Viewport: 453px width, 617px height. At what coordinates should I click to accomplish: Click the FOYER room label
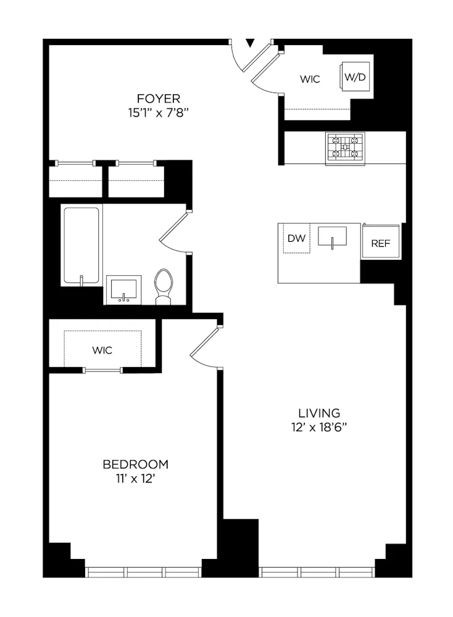[x=159, y=99]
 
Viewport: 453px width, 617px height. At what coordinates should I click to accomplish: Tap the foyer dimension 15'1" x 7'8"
[x=159, y=113]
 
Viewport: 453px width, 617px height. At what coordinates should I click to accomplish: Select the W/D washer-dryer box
[x=355, y=78]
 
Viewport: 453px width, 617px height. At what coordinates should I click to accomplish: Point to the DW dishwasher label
[x=297, y=239]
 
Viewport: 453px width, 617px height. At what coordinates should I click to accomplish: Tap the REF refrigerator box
[x=380, y=243]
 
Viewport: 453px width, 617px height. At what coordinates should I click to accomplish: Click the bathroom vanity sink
[x=123, y=289]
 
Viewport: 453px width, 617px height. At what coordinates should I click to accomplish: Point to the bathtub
[x=81, y=246]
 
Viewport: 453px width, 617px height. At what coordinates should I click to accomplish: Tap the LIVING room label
[x=319, y=413]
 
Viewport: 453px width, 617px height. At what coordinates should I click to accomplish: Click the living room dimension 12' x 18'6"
[x=319, y=428]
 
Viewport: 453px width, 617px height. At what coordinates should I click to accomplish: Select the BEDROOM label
[x=135, y=465]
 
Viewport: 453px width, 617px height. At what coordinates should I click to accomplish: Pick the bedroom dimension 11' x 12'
[x=135, y=479]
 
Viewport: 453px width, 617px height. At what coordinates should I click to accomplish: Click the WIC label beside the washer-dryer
[x=310, y=80]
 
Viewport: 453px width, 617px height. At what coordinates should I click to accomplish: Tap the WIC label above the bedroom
[x=102, y=350]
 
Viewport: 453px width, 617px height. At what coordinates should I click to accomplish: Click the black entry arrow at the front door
[x=250, y=43]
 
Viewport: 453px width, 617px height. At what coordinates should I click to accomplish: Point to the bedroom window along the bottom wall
[x=143, y=572]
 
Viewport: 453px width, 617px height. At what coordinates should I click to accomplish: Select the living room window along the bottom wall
[x=317, y=572]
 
